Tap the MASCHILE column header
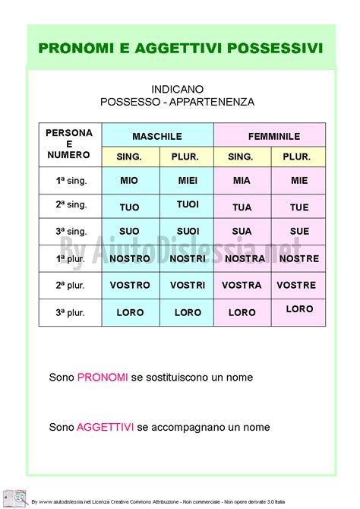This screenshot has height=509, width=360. coord(157,136)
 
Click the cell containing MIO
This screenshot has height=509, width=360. coord(129,181)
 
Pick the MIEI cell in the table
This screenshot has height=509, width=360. coord(188,181)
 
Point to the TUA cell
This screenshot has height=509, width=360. coord(242,207)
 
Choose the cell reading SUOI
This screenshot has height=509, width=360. coord(188,231)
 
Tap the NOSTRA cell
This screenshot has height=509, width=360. coord(245,258)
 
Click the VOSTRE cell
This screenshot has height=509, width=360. coord(296,285)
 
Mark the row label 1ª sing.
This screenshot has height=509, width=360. coord(71,181)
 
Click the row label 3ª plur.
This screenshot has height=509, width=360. coord(71,311)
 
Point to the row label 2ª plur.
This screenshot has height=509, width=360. coord(71,285)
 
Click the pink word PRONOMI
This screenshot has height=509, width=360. coord(103,377)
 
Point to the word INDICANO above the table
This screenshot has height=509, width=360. coord(177,89)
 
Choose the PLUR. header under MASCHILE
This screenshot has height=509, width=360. coord(186,156)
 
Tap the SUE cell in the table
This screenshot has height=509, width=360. coord(299,231)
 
